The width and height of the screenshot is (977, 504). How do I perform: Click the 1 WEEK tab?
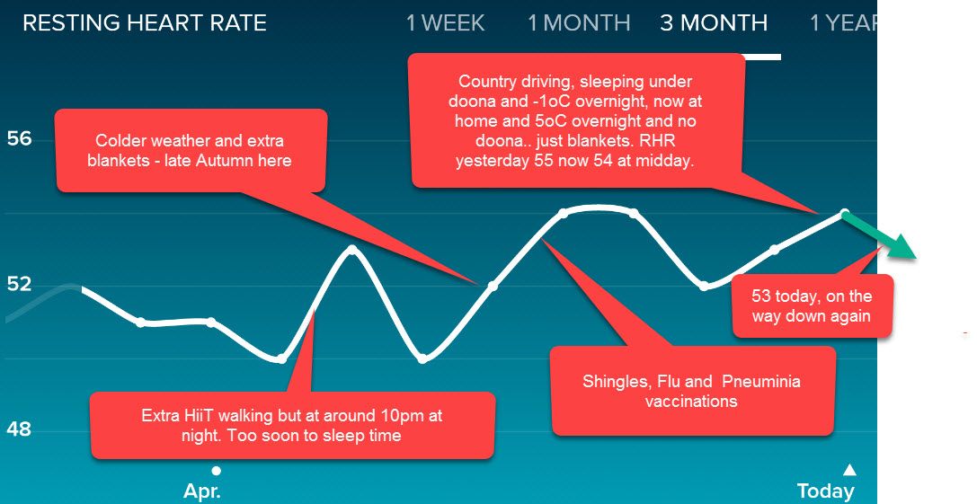click(x=445, y=23)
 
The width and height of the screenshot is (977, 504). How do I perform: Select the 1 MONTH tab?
click(x=579, y=23)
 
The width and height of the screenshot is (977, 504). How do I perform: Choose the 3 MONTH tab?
click(x=714, y=23)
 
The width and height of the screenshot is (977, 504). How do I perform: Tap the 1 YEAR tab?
click(x=843, y=23)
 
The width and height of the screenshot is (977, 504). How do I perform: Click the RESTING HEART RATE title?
click(x=145, y=23)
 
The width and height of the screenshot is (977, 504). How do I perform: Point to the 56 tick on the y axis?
click(x=19, y=138)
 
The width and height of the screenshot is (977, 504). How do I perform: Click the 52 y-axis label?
click(x=19, y=284)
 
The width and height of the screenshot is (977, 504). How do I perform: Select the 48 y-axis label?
click(x=19, y=429)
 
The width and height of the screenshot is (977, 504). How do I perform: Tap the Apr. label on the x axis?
click(x=202, y=491)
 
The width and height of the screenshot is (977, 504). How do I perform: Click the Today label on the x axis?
click(x=826, y=491)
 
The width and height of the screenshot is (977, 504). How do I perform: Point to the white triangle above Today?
click(x=849, y=469)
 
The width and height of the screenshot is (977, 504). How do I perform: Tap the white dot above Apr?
click(x=216, y=471)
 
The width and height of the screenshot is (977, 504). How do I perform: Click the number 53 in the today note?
click(x=761, y=296)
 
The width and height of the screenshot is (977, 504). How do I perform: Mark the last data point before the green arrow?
click(x=845, y=213)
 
